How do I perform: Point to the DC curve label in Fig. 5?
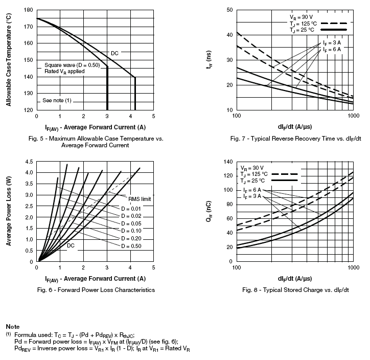click(114, 53)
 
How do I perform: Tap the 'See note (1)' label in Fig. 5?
click(57, 100)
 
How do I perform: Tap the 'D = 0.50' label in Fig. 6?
click(130, 246)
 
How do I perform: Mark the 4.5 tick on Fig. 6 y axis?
click(28, 162)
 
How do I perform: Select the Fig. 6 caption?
click(94, 290)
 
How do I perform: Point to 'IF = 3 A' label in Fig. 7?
click(331, 42)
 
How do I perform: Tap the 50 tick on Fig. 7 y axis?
click(229, 10)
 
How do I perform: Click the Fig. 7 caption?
click(295, 138)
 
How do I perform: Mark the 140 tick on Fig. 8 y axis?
click(228, 162)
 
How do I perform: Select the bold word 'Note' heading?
click(13, 326)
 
